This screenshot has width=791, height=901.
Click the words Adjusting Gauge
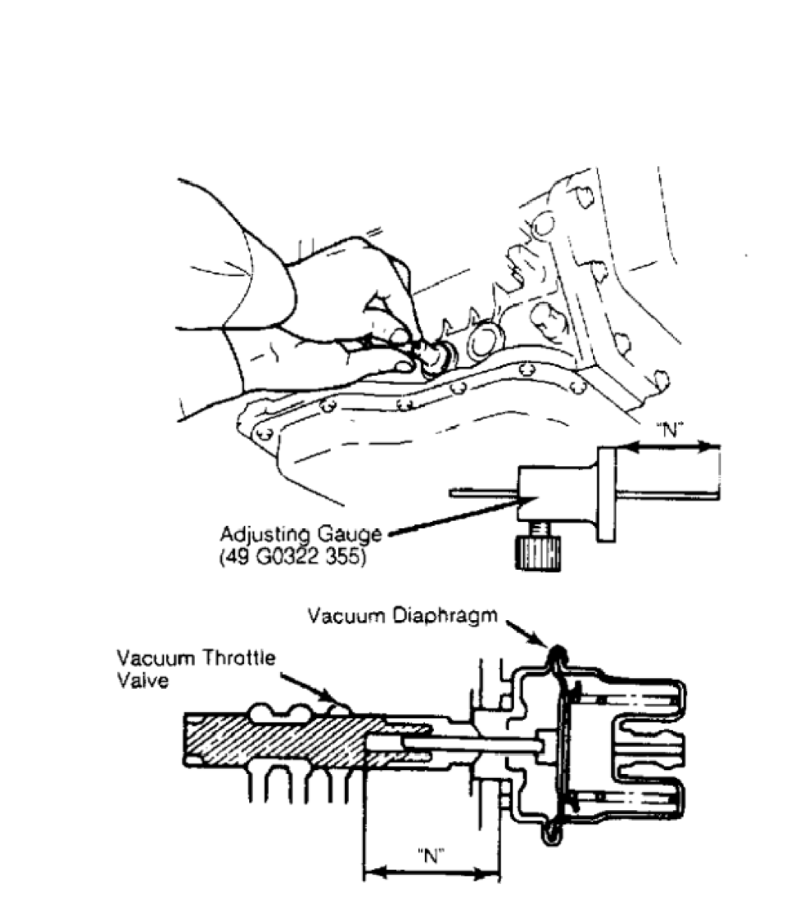click(301, 534)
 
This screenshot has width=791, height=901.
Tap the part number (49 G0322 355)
click(292, 557)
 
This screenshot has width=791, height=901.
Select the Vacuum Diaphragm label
click(402, 615)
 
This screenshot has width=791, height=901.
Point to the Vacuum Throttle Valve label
click(197, 669)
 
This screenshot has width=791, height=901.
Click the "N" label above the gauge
click(670, 429)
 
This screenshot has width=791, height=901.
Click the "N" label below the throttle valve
click(431, 856)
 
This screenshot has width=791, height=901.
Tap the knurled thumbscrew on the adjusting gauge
click(537, 553)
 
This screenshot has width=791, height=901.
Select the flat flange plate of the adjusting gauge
click(607, 495)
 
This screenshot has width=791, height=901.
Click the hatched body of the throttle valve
click(282, 740)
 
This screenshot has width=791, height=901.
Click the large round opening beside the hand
click(486, 342)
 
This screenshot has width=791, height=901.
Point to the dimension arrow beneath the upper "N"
click(668, 447)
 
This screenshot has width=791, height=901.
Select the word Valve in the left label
click(142, 681)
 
